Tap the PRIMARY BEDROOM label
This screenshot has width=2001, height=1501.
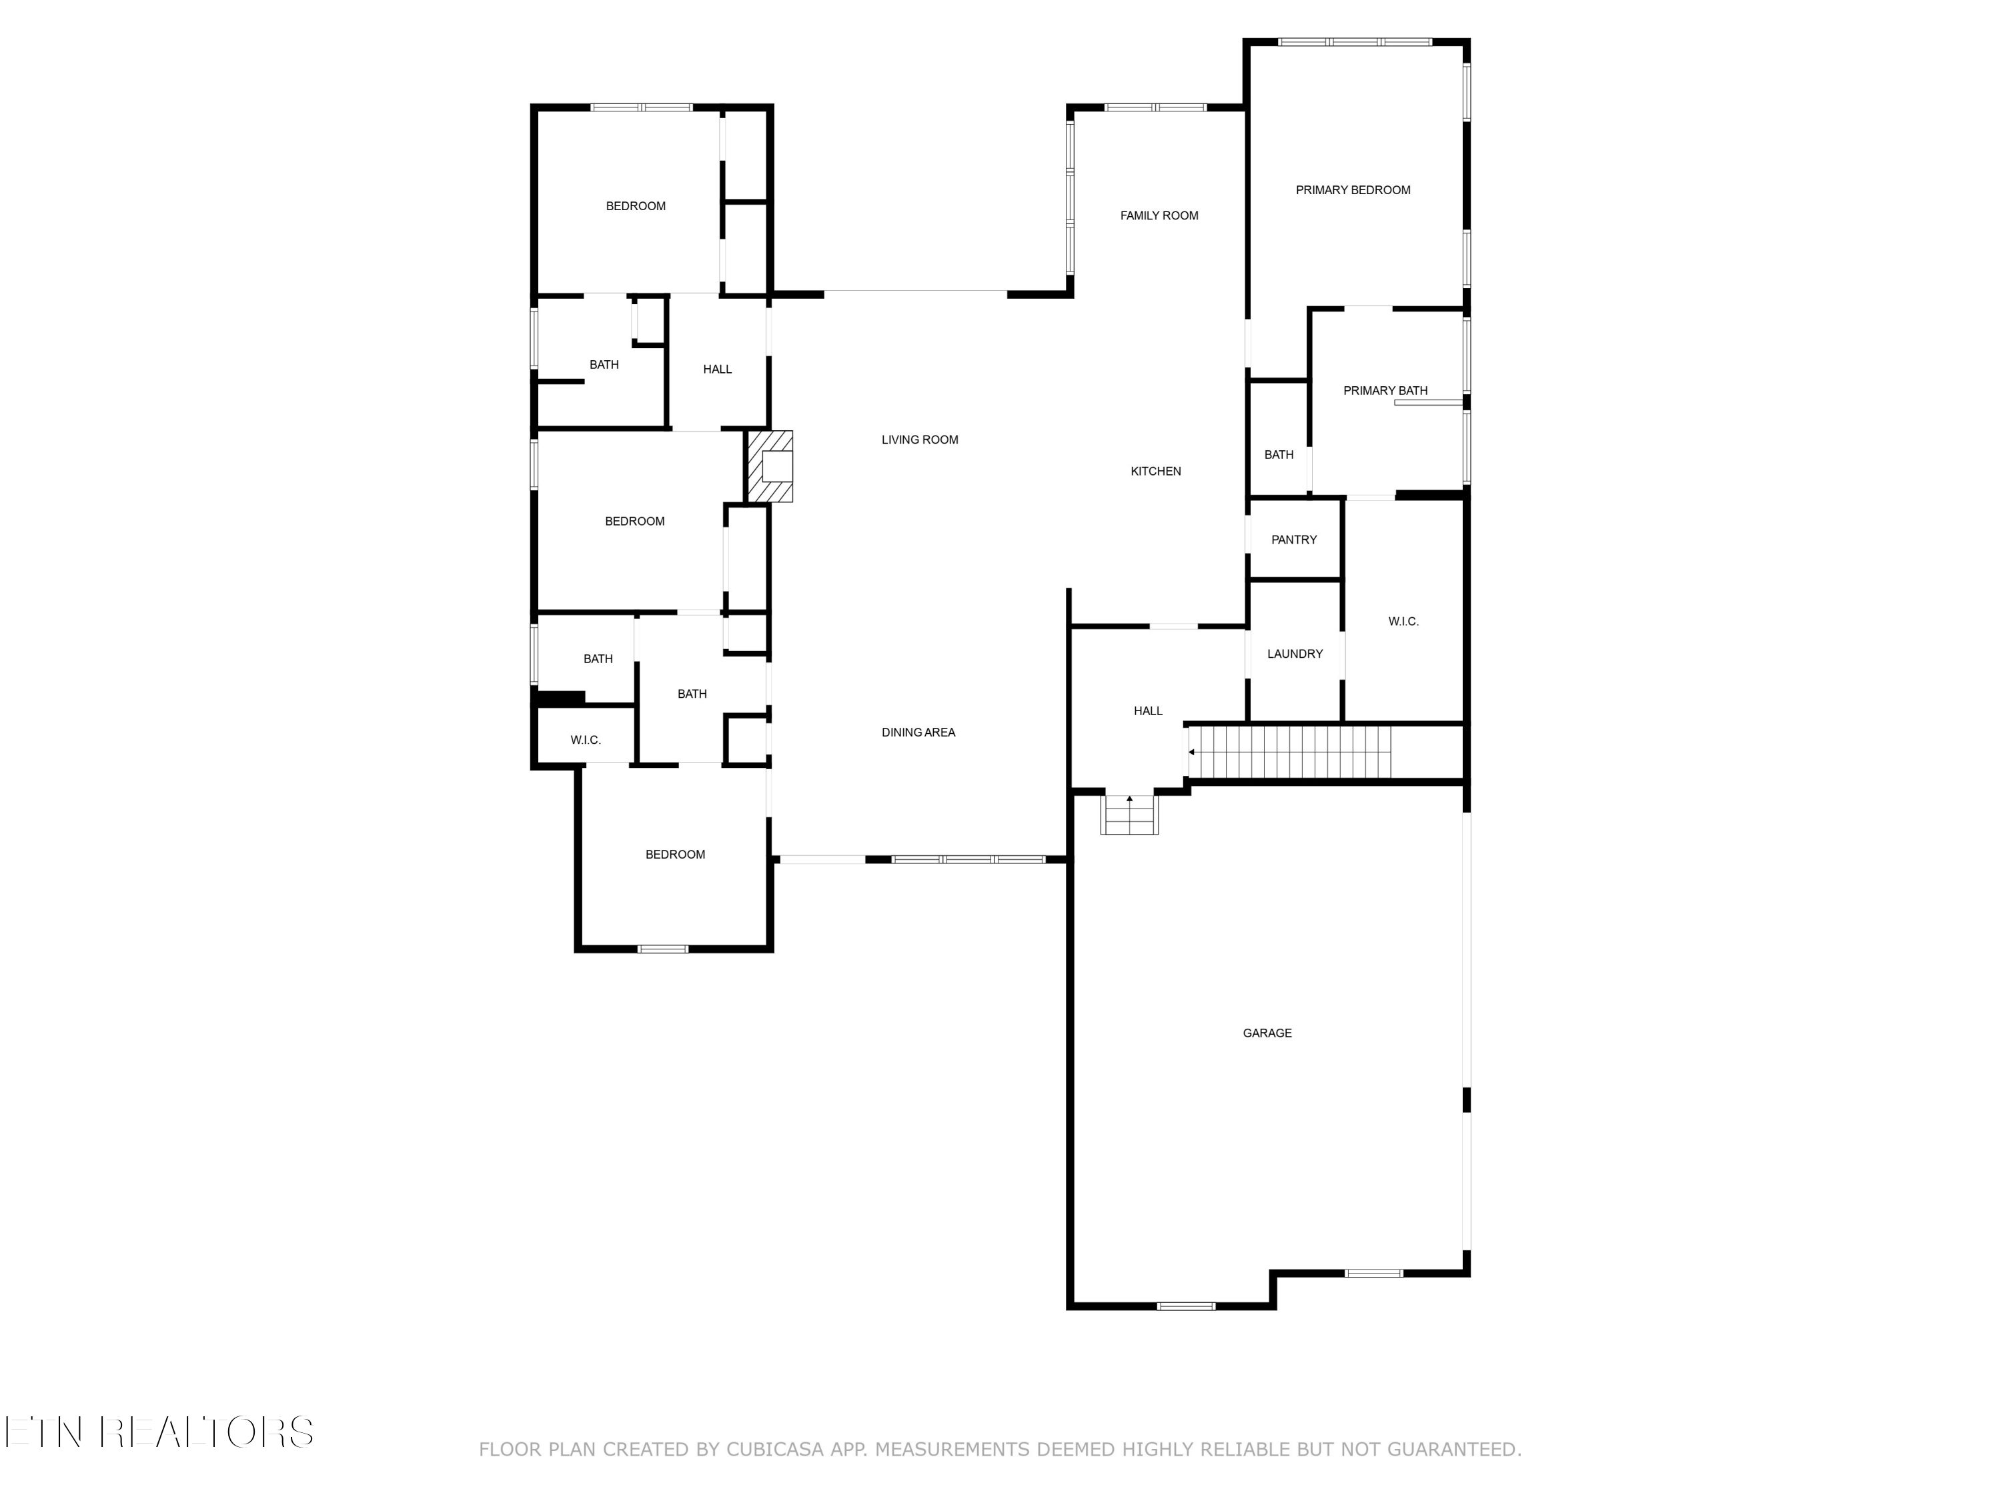pos(1353,190)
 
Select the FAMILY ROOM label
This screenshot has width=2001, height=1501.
pos(1159,215)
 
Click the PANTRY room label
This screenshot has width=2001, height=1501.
pos(1293,539)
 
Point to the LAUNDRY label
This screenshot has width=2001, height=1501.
pos(1295,653)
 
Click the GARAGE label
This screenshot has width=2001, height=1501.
pos(1267,1032)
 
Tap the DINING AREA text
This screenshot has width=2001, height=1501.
pos(918,732)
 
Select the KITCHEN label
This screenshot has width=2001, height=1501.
pos(1155,470)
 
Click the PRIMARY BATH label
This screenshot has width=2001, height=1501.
pos(1384,391)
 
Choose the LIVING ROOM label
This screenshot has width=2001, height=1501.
pos(919,440)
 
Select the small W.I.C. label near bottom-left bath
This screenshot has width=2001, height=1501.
pos(585,740)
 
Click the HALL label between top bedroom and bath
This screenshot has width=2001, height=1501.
pos(717,369)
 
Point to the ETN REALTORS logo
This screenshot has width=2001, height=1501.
pos(159,1432)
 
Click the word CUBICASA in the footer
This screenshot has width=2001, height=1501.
pos(774,1450)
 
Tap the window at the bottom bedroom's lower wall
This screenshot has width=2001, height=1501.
pos(662,949)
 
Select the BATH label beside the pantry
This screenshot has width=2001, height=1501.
pos(1278,455)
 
